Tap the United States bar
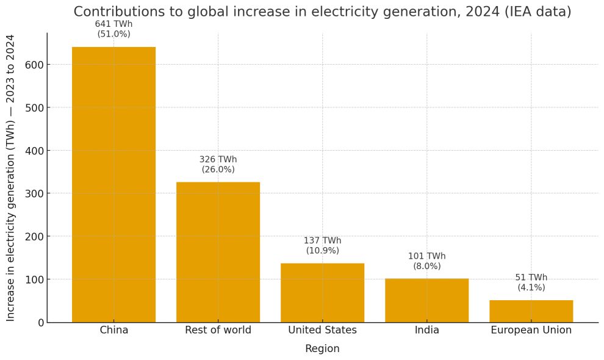point(322,292)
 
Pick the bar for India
point(426,300)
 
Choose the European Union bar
point(531,311)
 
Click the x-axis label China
point(113,331)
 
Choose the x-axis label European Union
point(531,331)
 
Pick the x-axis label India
point(426,331)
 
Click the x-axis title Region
point(322,349)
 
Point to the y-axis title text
point(11,178)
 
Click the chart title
point(322,12)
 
